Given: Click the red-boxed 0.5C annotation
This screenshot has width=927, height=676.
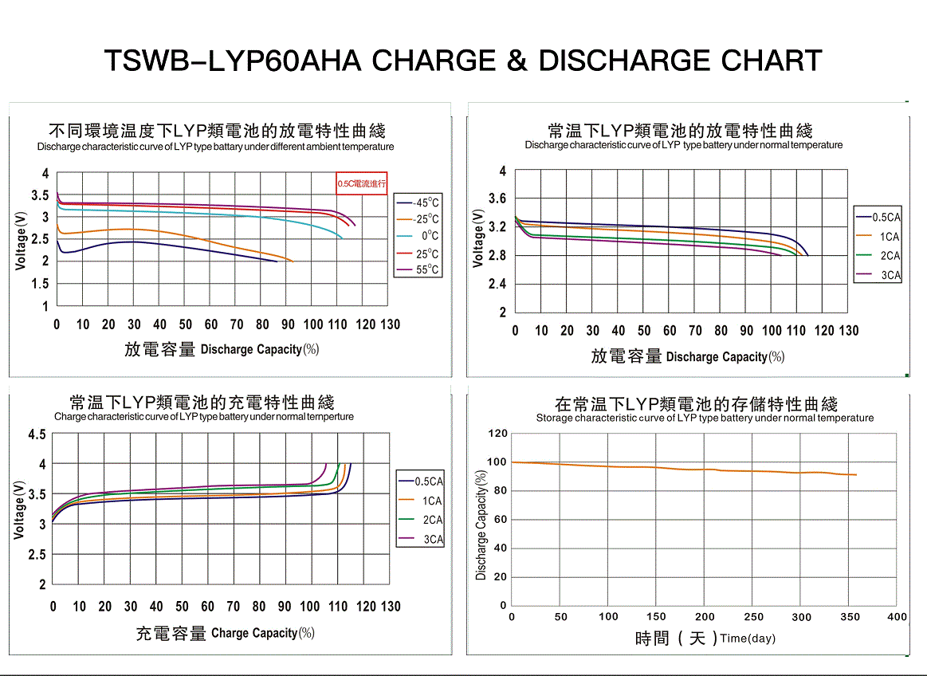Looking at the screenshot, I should click(361, 183).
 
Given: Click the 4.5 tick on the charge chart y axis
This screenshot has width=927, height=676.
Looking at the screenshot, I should click(37, 434).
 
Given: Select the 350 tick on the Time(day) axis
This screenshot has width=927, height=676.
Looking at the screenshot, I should click(848, 617).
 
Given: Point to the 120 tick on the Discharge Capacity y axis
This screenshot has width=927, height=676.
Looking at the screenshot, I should click(497, 434).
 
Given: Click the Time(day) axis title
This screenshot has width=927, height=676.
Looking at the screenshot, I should click(747, 639).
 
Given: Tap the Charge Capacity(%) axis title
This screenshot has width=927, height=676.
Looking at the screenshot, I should click(262, 633).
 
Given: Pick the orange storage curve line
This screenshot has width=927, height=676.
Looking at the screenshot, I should click(678, 469).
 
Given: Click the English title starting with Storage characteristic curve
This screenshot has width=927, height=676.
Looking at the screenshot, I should click(705, 418).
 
